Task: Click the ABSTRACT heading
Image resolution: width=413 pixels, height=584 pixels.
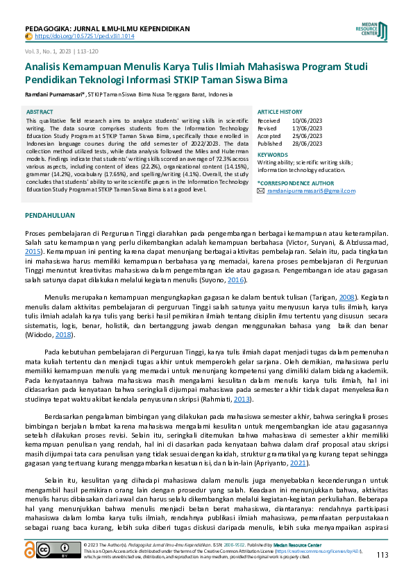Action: [x=39, y=112]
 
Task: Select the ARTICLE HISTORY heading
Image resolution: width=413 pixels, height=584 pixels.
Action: [x=280, y=112]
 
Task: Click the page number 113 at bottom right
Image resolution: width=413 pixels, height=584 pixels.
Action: [x=382, y=554]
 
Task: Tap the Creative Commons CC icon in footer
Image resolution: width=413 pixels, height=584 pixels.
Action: [x=53, y=550]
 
